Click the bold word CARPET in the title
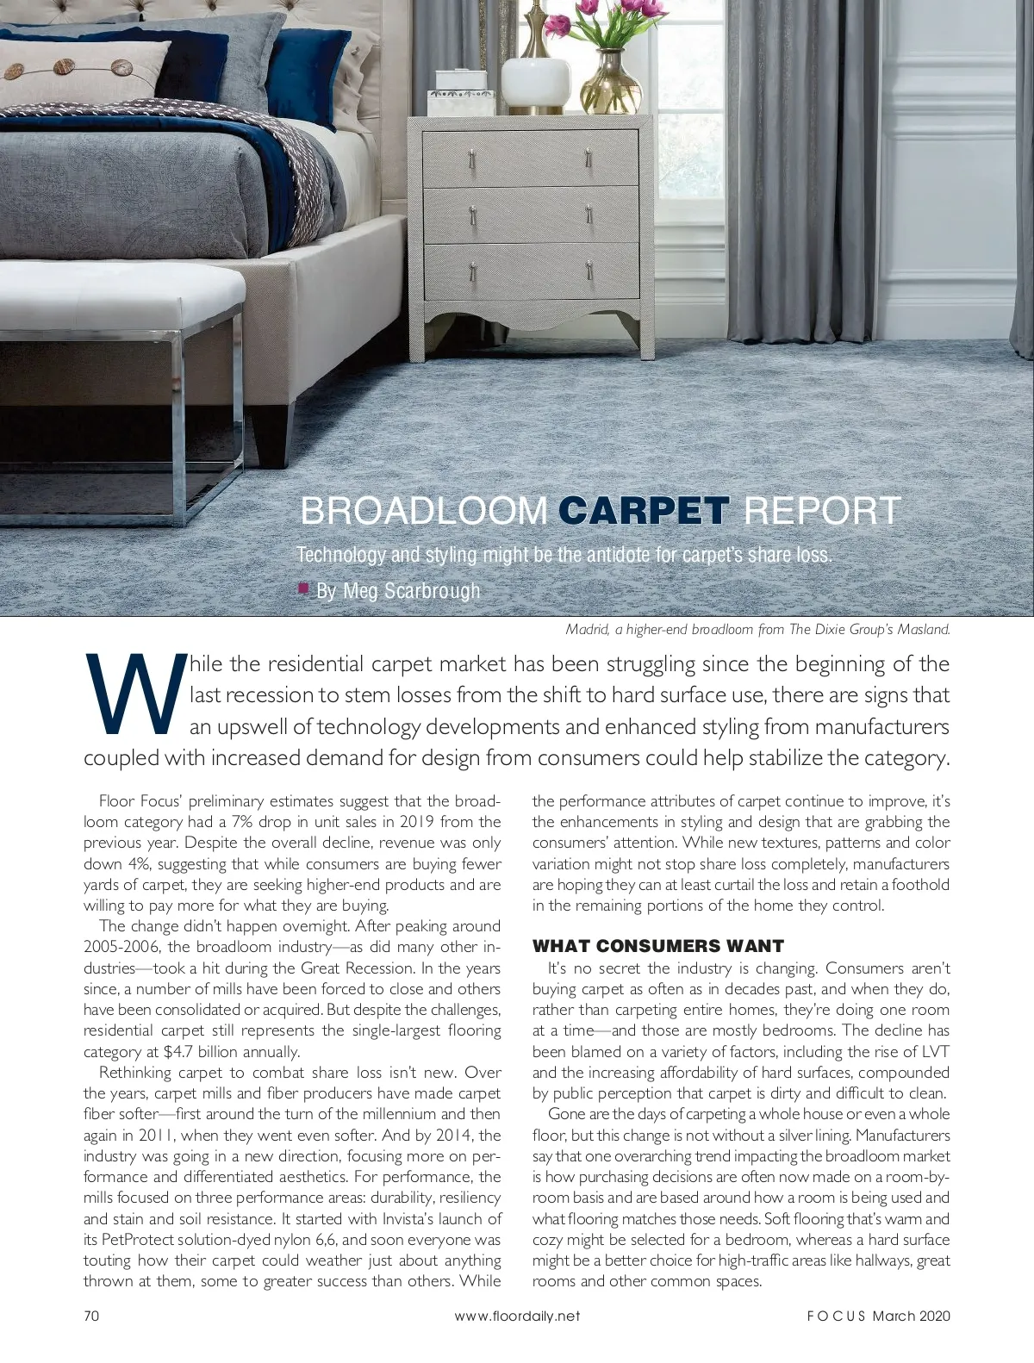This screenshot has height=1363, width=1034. (x=644, y=510)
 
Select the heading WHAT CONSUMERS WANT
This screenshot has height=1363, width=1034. (x=658, y=946)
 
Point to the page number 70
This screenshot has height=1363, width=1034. (x=92, y=1316)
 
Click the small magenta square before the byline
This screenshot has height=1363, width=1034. (x=303, y=588)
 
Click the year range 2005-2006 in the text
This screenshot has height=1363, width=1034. (x=122, y=947)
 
